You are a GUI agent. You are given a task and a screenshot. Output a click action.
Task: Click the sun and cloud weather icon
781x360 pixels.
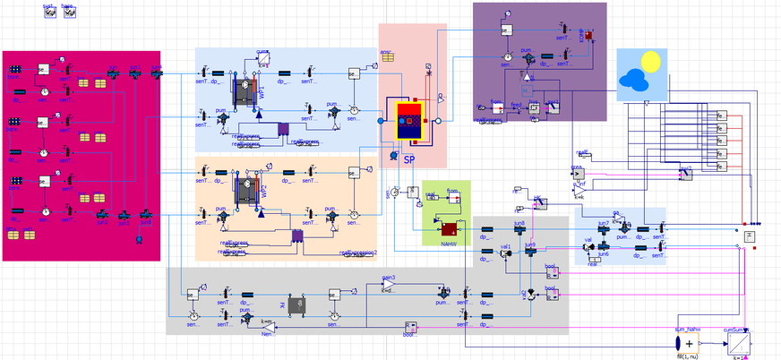click(x=641, y=72)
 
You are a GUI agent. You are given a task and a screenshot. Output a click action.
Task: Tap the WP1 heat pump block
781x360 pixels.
click(x=244, y=92)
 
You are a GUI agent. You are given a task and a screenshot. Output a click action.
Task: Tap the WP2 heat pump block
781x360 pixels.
click(x=244, y=192)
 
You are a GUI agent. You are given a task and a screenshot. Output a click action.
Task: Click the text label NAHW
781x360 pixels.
click(x=449, y=244)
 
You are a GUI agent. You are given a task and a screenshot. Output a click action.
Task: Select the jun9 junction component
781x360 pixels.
click(x=530, y=253)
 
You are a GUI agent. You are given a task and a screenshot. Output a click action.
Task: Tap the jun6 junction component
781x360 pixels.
click(x=604, y=245)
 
